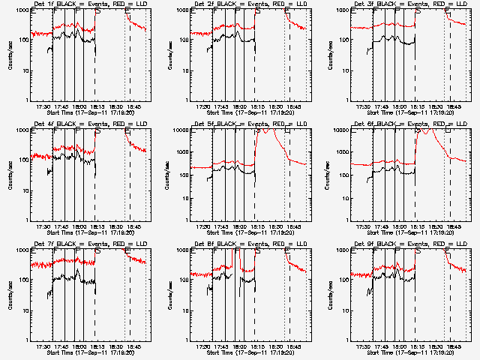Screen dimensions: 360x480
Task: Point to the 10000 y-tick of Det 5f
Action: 181,130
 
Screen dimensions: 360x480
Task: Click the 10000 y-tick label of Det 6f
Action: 341,130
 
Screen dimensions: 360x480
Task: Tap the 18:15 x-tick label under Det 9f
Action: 418,346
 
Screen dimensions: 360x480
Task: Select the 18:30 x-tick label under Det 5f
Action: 277,226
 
